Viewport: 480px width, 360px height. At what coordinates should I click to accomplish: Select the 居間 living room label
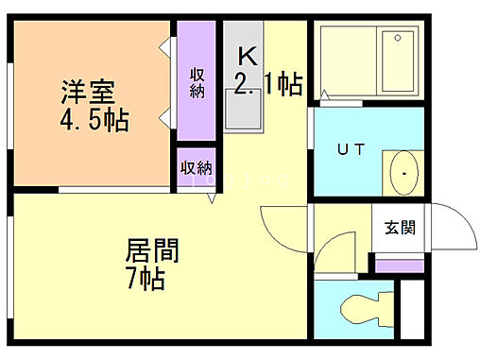click(153, 252)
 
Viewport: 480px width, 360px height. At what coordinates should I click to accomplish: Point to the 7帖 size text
click(146, 280)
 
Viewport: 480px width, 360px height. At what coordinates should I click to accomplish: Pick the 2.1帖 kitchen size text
click(267, 86)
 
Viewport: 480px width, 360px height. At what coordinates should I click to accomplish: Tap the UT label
click(352, 147)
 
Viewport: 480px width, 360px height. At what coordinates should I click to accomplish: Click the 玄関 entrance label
click(396, 228)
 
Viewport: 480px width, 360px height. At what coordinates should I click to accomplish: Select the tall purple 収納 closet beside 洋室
click(197, 83)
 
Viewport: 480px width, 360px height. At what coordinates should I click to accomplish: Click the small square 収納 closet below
click(197, 168)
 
